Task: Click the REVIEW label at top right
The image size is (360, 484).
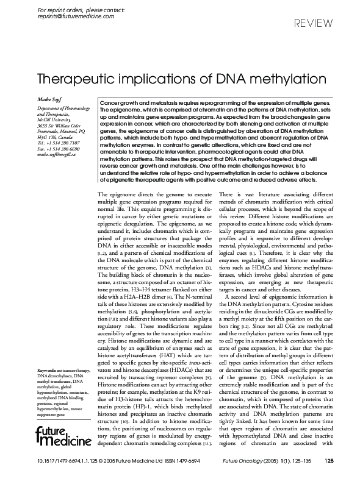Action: click(314, 24)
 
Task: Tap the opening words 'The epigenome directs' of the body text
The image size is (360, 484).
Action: click(123, 193)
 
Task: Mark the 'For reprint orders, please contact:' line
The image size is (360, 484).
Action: click(73, 10)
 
